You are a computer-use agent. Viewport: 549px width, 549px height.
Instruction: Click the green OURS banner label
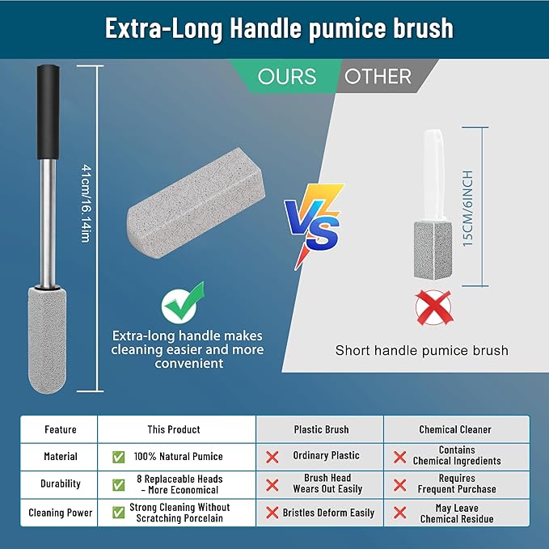[287, 77]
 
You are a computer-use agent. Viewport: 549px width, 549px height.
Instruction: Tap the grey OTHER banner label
[378, 77]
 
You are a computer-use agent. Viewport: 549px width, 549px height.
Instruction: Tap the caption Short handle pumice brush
[422, 350]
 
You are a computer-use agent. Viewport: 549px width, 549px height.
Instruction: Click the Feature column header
[61, 429]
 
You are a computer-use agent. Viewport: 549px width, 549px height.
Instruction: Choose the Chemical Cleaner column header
[456, 429]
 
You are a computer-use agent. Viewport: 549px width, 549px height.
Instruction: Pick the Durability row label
[61, 484]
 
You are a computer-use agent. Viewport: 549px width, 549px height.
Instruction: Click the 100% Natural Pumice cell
[179, 456]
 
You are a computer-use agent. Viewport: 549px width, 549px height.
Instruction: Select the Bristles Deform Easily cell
[328, 513]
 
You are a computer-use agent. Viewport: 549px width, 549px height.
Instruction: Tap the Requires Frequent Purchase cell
[457, 484]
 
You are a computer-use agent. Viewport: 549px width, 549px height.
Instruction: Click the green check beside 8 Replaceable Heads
[119, 484]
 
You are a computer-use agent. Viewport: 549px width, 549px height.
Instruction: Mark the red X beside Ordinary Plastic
[272, 456]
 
